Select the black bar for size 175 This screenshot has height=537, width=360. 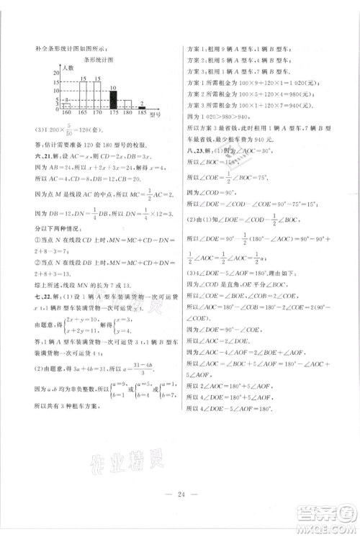(112, 99)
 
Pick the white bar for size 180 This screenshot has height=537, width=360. (127, 104)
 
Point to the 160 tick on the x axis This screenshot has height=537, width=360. (67, 114)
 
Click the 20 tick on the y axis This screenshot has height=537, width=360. (55, 73)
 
